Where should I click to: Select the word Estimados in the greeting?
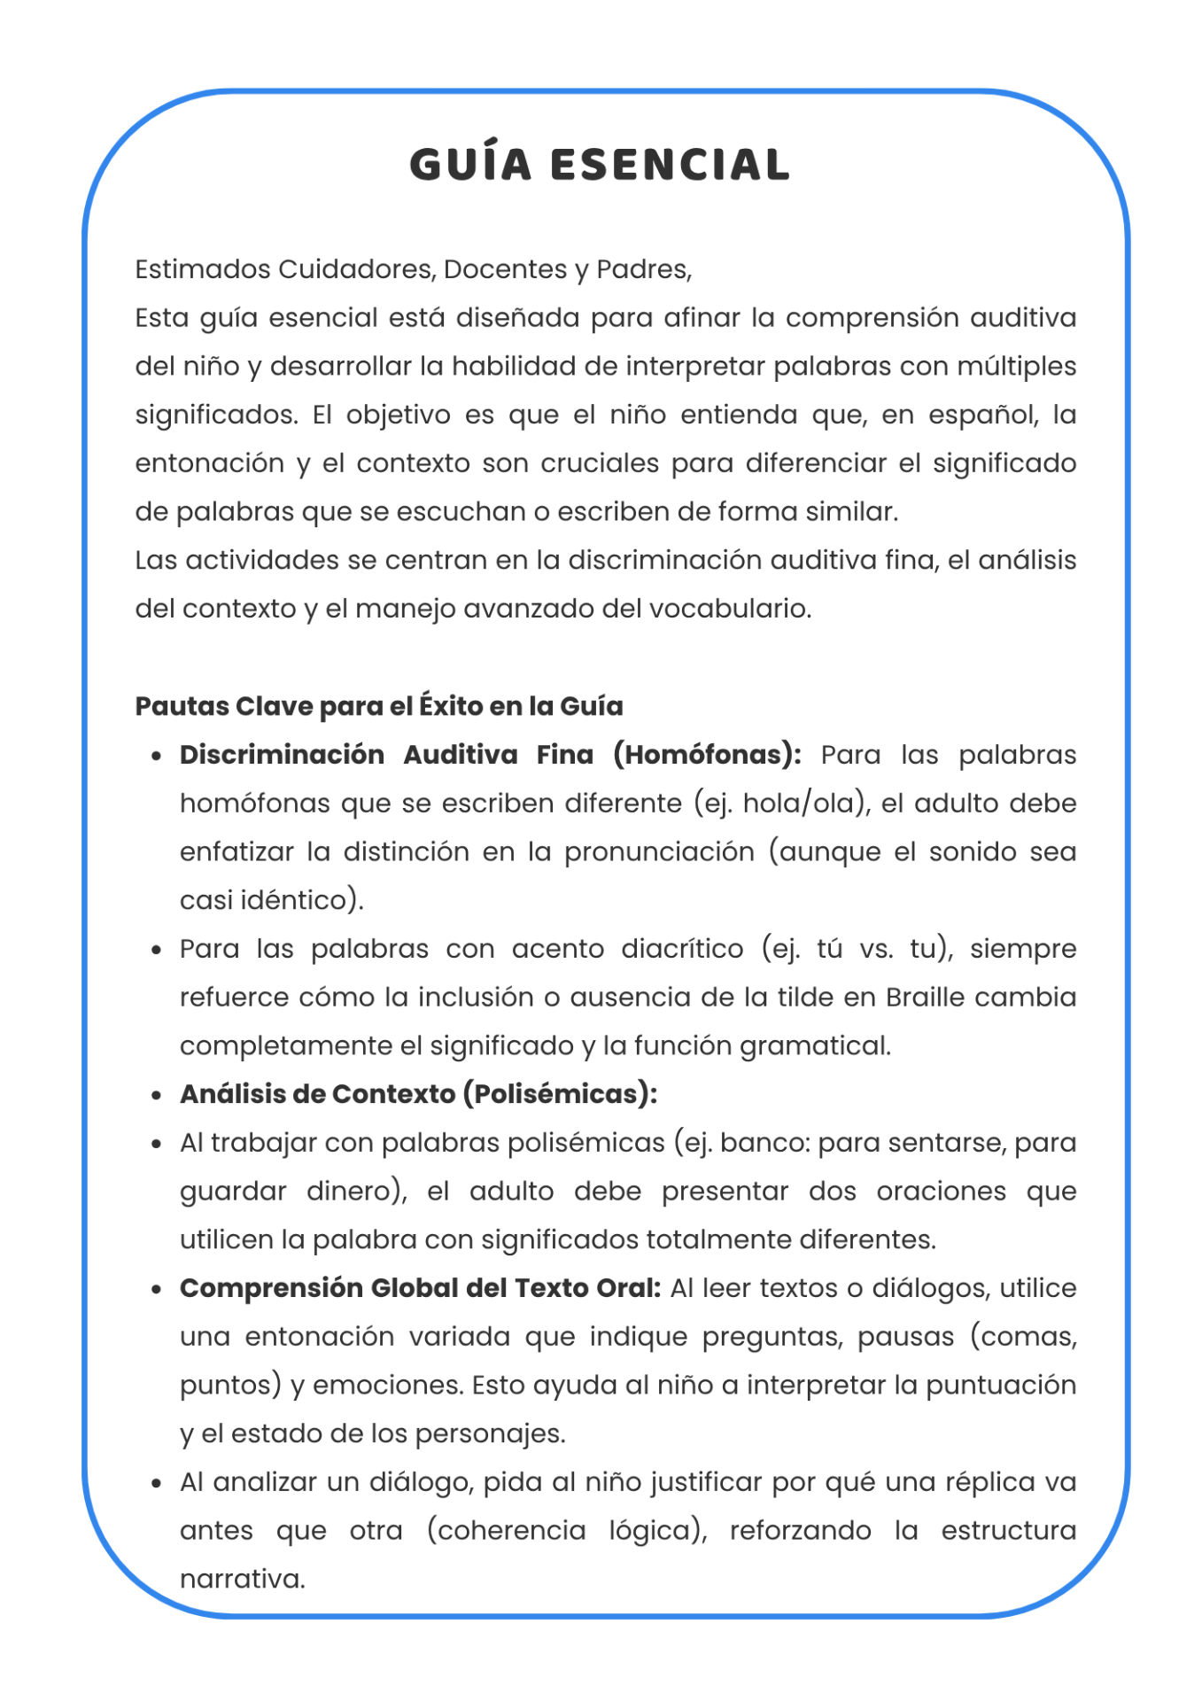pos(203,269)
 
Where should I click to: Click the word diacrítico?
pos(682,949)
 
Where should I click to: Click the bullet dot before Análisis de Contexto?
pos(157,1096)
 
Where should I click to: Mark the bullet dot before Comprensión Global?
pos(157,1290)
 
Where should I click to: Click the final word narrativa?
pos(242,1580)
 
